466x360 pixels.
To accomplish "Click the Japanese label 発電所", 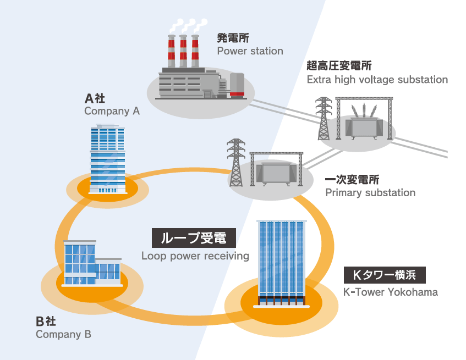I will click(233, 38).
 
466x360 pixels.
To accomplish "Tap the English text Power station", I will click(250, 51).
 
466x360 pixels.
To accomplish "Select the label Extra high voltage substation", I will click(377, 80).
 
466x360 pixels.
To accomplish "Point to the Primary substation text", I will click(370, 193).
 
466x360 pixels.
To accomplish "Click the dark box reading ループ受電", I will click(194, 239).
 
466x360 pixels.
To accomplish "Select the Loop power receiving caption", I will click(195, 256).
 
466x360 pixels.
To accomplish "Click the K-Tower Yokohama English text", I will click(391, 292).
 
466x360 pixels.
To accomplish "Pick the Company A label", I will click(112, 111).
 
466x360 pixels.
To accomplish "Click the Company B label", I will click(63, 334).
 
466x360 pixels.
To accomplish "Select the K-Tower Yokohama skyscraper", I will click(281, 261).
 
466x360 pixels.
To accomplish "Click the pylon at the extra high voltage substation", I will click(324, 118).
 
